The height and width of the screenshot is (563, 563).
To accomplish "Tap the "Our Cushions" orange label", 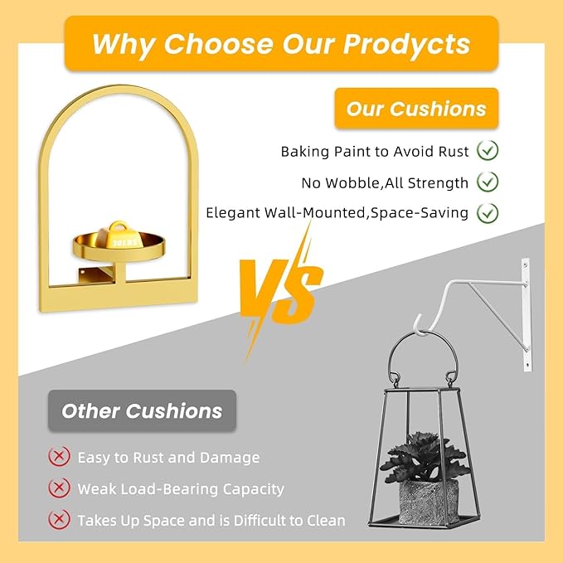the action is pos(416,109).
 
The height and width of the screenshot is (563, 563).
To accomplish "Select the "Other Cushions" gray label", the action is pos(142,410).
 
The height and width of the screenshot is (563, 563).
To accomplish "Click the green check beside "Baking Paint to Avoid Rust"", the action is pos(488,150).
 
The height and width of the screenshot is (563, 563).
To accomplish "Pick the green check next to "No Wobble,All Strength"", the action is pos(488,182).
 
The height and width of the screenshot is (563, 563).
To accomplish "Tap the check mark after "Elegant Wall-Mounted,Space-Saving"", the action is pos(488,213).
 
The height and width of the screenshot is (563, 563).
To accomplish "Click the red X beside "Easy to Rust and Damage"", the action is pos(59,456).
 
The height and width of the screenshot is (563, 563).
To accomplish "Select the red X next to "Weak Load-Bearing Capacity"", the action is pos(59,488).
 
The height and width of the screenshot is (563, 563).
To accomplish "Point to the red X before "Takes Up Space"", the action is pos(59,519).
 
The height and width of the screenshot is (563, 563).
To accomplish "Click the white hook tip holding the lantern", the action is pos(417,322).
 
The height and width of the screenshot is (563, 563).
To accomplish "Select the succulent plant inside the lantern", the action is pos(425,457).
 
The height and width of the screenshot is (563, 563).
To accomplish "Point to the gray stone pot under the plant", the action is pos(429,502).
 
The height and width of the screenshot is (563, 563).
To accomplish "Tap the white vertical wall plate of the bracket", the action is pos(527,314).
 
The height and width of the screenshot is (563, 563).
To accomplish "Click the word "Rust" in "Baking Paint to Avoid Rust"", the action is pos(454,152).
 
